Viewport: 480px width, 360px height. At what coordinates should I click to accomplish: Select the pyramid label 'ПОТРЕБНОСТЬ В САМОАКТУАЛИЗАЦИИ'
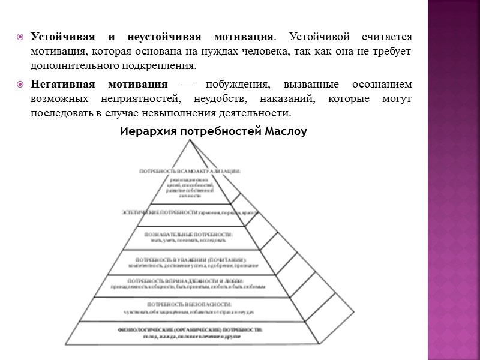tap(190, 171)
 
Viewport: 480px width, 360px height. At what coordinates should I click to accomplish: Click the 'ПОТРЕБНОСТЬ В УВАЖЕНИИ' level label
tap(190, 259)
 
